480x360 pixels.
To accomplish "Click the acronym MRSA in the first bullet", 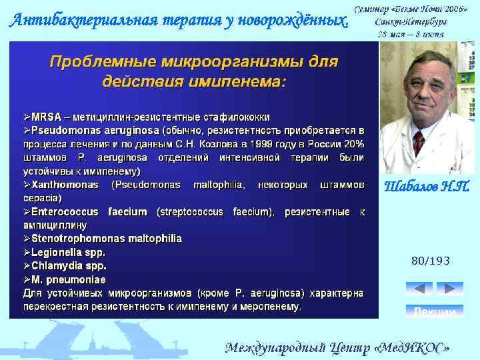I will click(x=45, y=117).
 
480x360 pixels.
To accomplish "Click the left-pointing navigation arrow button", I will click(x=419, y=289).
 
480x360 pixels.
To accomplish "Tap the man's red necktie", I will click(x=419, y=142).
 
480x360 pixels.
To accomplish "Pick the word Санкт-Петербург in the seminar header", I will click(x=410, y=22).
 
